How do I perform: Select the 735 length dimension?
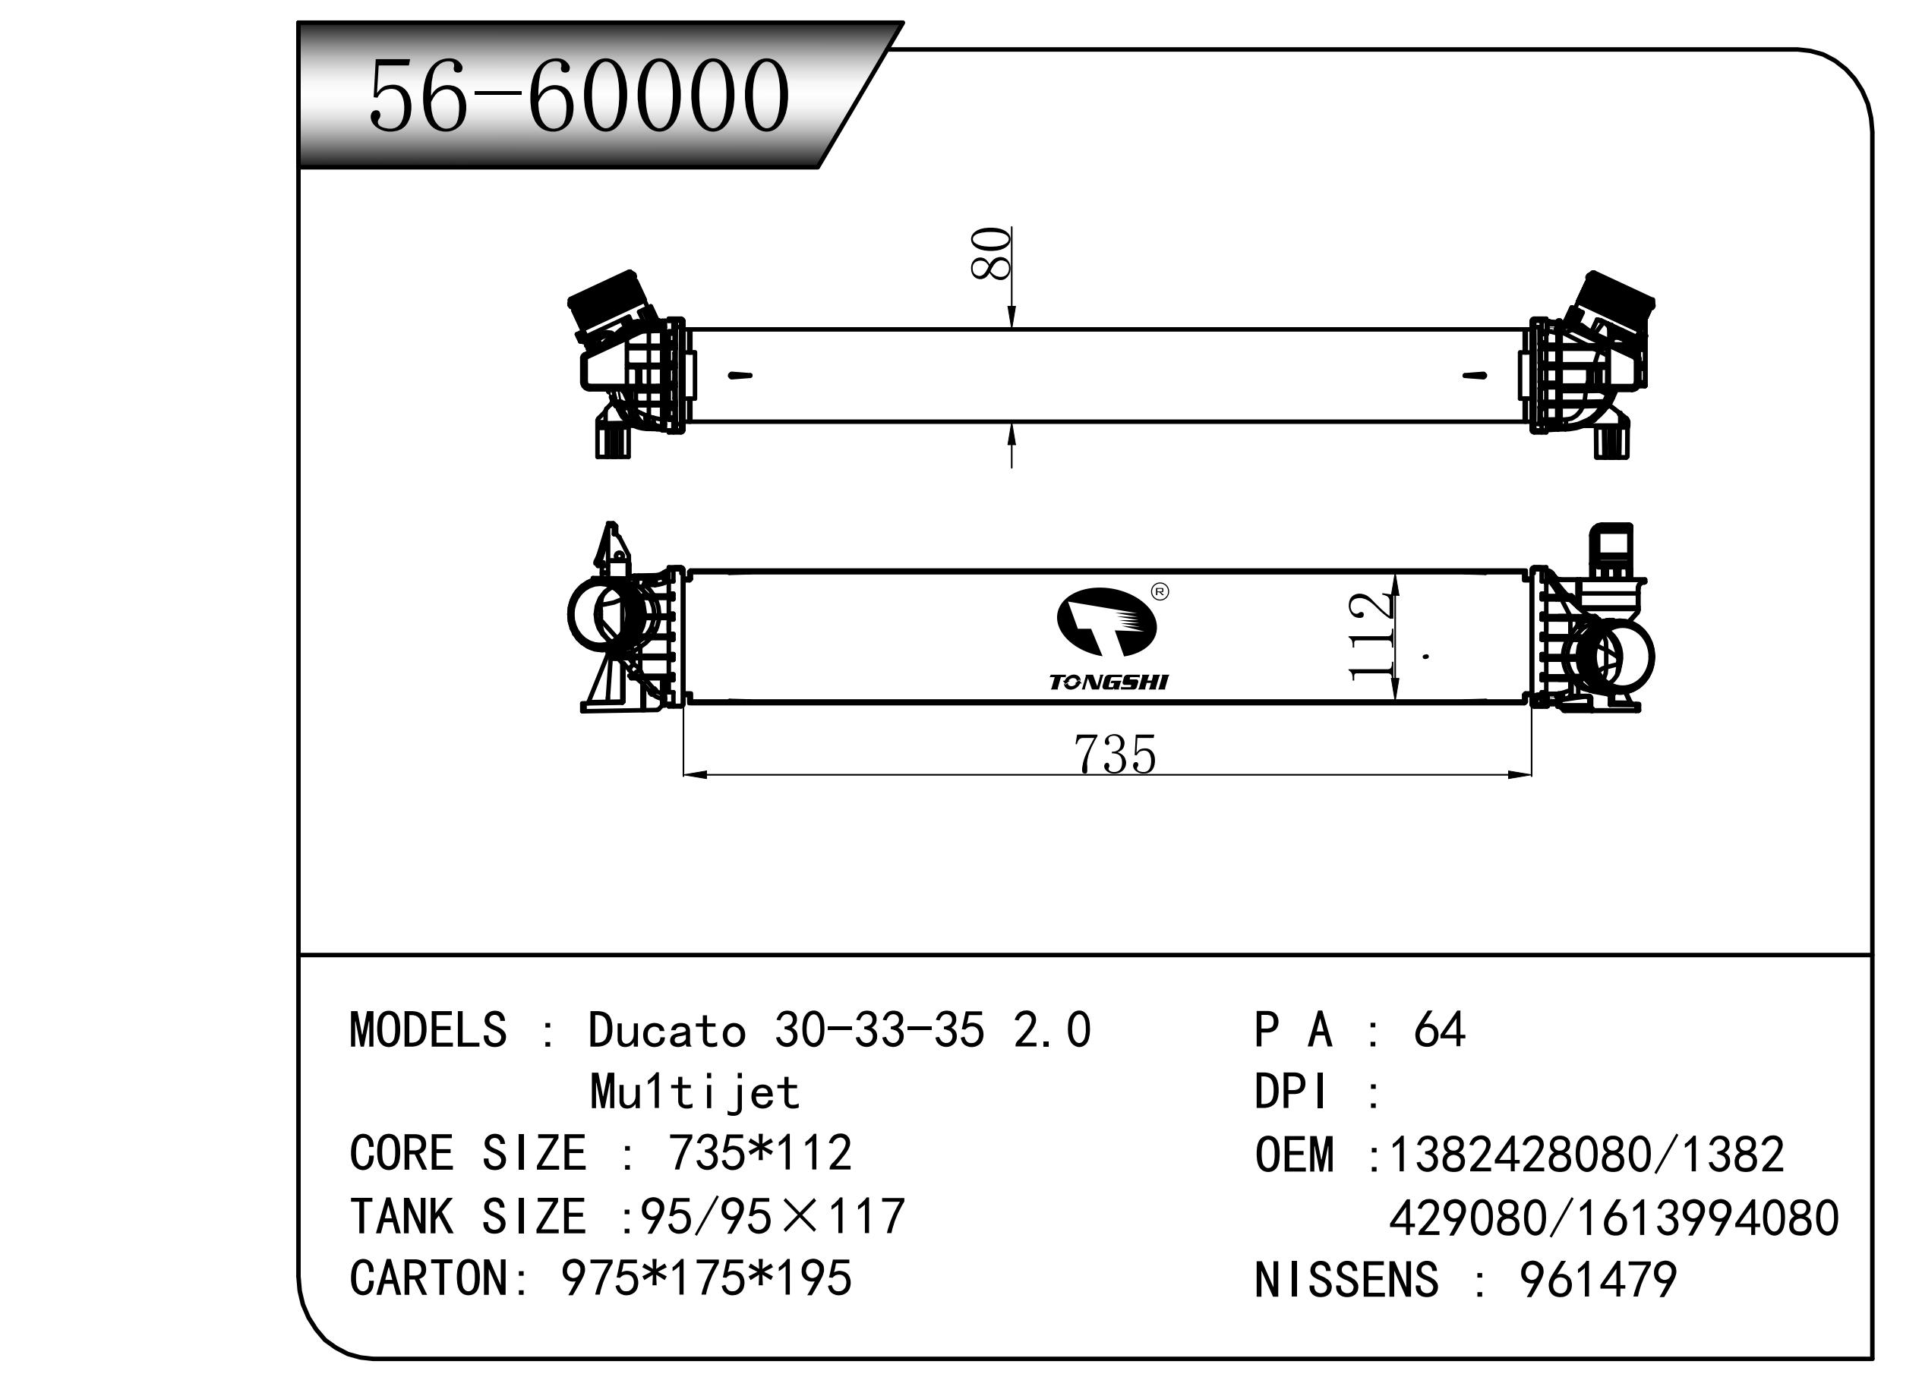1114,755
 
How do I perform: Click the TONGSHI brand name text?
1109,682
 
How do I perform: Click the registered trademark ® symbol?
1160,591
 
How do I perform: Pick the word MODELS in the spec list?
428,1029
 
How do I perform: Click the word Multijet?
695,1092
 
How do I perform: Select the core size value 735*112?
760,1152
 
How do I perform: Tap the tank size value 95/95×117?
772,1216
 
